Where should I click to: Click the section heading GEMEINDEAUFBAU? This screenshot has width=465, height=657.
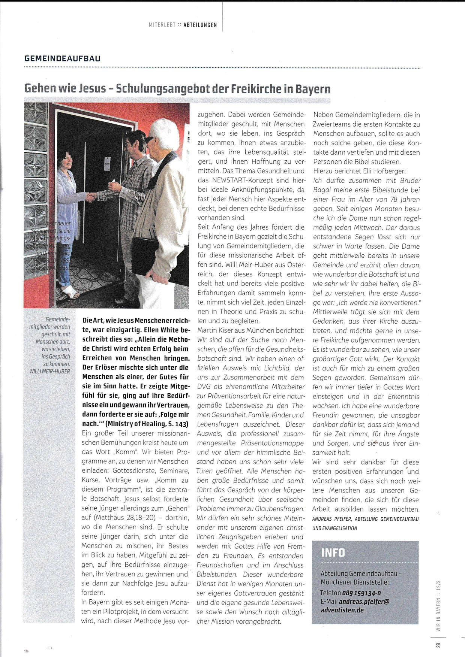(62, 58)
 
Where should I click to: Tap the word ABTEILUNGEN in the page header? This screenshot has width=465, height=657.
(200, 25)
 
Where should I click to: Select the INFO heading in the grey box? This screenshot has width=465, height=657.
(333, 552)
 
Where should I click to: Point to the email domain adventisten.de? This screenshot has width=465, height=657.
(342, 610)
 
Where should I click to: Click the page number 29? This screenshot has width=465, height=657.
(438, 645)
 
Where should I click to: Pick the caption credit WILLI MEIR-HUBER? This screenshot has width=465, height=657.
(49, 372)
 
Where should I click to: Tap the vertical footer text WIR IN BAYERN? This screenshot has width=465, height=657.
(438, 614)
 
